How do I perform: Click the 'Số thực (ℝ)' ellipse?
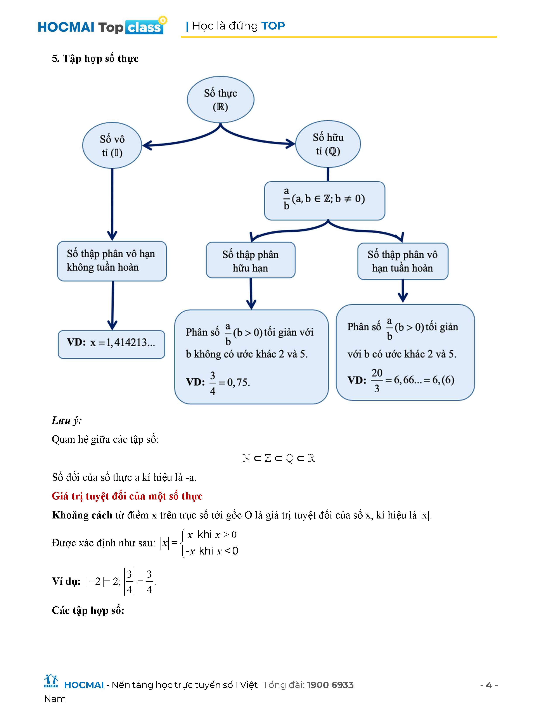[x=220, y=99]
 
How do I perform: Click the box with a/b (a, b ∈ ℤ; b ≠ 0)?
[x=324, y=200]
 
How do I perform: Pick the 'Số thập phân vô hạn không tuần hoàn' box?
[x=112, y=261]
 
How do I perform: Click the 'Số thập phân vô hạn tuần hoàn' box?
[x=403, y=261]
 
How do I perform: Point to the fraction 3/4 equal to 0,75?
[x=213, y=383]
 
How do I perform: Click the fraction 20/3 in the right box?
[x=377, y=381]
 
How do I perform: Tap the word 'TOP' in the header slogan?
[x=273, y=26]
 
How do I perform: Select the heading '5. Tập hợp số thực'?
[x=95, y=58]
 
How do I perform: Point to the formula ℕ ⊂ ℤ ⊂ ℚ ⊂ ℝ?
[x=278, y=458]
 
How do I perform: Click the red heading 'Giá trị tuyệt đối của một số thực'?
[x=127, y=496]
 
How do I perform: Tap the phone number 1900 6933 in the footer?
[x=330, y=685]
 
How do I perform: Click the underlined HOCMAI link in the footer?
[x=84, y=685]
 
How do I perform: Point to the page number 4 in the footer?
[x=489, y=685]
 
